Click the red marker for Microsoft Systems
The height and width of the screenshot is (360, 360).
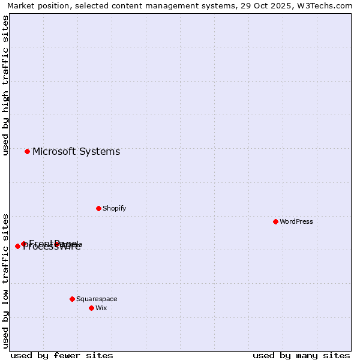(27, 151)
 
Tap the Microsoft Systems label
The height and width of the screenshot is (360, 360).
(76, 151)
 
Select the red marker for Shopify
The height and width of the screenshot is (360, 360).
(98, 208)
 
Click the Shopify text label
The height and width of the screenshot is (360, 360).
(114, 208)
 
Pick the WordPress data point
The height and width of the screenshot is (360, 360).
(275, 221)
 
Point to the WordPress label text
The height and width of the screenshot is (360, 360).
(296, 221)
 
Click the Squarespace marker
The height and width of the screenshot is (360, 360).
(72, 299)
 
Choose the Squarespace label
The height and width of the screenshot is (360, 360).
(97, 299)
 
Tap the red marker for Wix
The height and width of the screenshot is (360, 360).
(91, 308)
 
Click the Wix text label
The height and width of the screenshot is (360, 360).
(101, 308)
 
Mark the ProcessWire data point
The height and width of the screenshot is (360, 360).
(17, 246)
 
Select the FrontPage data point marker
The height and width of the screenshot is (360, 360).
(23, 244)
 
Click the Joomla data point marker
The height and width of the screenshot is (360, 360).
(56, 244)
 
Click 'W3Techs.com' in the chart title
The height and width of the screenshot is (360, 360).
(328, 6)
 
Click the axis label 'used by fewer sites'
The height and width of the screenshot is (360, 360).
(62, 355)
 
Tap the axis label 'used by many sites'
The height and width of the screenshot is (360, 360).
(301, 355)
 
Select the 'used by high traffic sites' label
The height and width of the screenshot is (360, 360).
(6, 85)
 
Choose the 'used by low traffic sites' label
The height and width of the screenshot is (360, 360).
(6, 280)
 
